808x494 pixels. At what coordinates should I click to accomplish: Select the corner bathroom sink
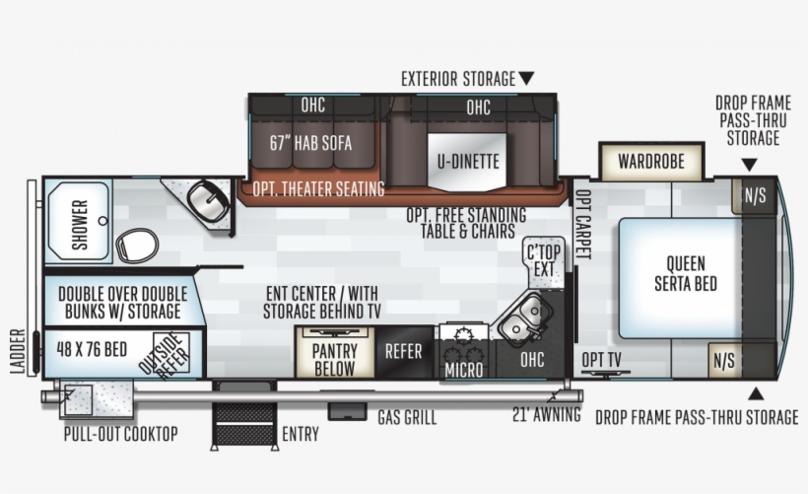(209, 200)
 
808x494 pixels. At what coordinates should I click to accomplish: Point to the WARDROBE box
(651, 161)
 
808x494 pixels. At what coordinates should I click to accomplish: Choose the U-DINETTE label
(468, 161)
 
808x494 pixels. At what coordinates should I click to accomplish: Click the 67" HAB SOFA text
(310, 143)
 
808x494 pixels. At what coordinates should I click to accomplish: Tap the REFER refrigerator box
(403, 350)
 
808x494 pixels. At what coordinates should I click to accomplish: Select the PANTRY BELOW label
(334, 359)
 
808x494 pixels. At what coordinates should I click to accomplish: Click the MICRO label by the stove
(463, 370)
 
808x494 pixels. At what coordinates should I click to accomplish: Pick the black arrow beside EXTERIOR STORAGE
(526, 78)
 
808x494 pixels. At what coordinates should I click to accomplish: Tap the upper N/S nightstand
(754, 195)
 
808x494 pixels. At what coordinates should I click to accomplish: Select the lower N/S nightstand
(724, 360)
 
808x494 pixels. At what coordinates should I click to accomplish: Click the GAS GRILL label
(407, 417)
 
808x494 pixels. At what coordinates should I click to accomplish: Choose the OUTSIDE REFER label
(165, 356)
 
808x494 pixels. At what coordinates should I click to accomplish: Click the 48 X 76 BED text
(92, 350)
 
